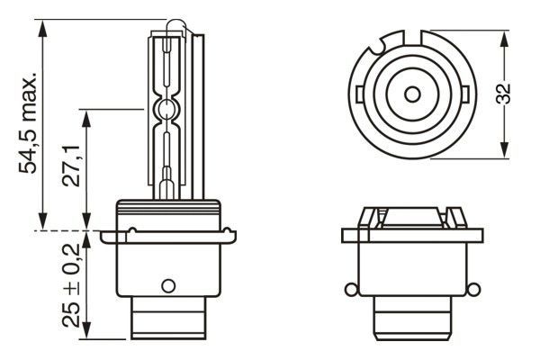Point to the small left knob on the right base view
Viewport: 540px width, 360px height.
pos(349,289)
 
